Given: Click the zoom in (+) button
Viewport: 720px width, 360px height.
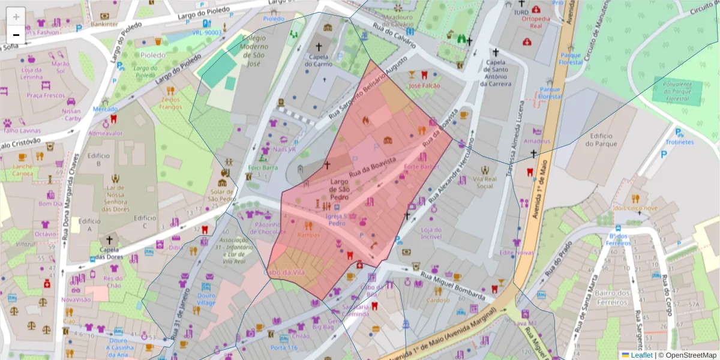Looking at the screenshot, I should pos(16,17).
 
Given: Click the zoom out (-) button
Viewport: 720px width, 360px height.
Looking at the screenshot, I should pos(16,34).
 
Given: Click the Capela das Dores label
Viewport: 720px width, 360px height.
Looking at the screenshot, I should pos(109,254).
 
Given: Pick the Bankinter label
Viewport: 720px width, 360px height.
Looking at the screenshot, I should pos(105,25).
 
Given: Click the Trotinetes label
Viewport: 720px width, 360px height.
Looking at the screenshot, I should pos(679,142).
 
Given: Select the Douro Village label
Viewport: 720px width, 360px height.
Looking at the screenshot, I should pos(206,298).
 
